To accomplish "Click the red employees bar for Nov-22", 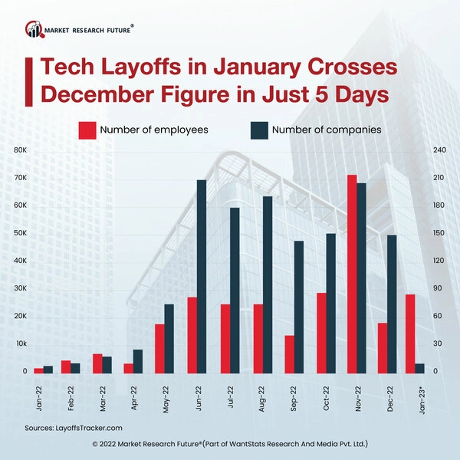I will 352,274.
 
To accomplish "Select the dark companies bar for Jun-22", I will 202,277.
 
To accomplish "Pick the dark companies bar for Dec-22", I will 392,304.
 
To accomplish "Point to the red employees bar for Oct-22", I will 320,333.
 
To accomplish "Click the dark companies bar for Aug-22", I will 267,285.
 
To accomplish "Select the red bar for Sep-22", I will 289,354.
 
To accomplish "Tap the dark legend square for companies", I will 258,130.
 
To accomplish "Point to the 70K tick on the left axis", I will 21,178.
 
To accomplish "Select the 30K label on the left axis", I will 21,288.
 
